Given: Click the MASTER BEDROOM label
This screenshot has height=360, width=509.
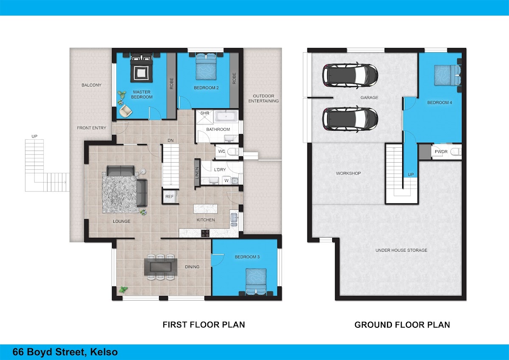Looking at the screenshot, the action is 142,94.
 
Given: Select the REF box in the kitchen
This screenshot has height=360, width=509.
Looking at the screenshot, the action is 170,197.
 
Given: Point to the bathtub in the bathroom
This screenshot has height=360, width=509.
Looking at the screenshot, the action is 226,116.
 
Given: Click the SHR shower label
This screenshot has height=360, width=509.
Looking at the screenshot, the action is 204,113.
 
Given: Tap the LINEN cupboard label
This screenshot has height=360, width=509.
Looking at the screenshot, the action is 197,173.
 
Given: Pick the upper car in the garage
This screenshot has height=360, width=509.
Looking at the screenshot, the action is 350,75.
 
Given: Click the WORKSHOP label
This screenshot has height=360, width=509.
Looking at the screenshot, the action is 348,173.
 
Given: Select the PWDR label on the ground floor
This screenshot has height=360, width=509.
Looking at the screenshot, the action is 441,152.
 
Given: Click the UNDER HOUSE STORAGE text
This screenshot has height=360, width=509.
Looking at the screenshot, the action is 401,250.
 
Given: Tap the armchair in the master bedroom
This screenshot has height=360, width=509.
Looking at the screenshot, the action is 126,111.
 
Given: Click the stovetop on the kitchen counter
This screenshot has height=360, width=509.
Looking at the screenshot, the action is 205,233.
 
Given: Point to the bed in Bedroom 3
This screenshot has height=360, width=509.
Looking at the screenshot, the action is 256,281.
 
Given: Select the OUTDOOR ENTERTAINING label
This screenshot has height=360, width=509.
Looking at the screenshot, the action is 263,98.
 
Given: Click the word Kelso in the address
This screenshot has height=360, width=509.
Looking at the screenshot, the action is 104,352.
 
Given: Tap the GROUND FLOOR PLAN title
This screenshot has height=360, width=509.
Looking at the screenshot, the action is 402,325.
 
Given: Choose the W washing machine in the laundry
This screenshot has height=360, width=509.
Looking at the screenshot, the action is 227,180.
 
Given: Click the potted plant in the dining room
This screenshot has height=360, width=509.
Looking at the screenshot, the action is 123,290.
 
